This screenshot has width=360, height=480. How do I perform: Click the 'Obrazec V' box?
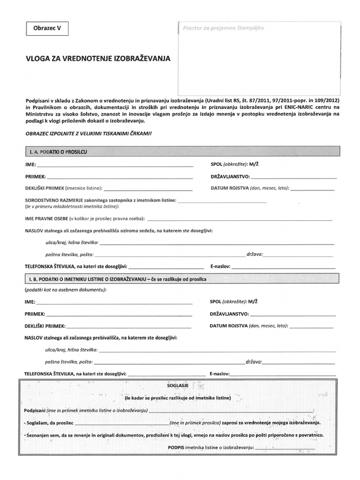click(x=47, y=29)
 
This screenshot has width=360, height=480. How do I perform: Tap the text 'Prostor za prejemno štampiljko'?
click(x=224, y=28)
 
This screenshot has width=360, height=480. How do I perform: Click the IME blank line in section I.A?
click(x=115, y=165)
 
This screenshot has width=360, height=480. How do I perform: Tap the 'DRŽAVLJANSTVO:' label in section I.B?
click(x=229, y=314)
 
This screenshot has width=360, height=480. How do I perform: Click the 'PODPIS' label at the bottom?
click(x=176, y=448)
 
